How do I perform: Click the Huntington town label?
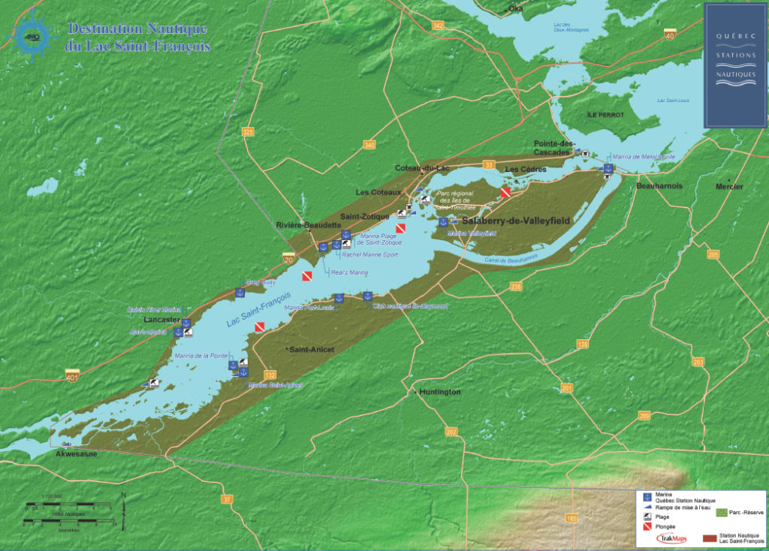click(440, 393)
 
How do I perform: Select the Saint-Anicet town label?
click(312, 350)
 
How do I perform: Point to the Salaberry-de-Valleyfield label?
click(516, 221)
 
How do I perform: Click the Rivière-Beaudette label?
click(309, 225)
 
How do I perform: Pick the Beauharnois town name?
click(659, 185)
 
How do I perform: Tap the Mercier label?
click(729, 186)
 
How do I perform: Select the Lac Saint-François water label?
click(259, 312)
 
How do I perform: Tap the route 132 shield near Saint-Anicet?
click(270, 375)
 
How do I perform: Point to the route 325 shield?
click(248, 132)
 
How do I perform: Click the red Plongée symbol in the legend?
click(644, 527)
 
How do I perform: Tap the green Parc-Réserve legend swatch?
click(722, 512)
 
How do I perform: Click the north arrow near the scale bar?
click(123, 501)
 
